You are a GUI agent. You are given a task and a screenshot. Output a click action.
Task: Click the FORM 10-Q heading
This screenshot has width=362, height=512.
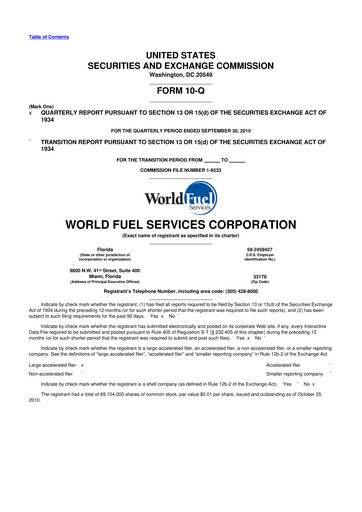tap(180, 86)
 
